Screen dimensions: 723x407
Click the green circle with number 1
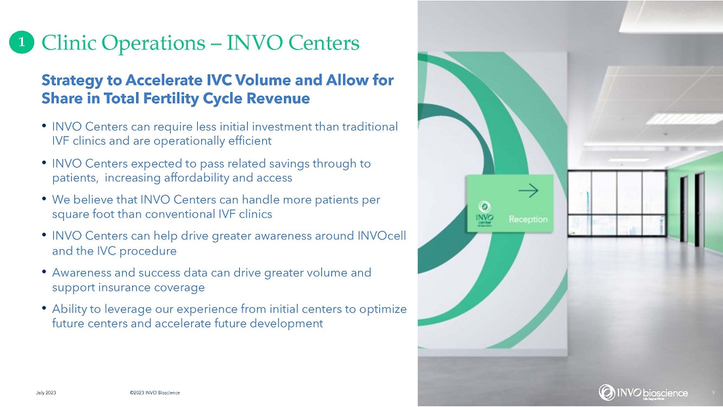[x=22, y=43]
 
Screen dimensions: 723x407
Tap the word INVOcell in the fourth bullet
[x=382, y=236]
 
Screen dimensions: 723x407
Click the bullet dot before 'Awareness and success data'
[x=44, y=272]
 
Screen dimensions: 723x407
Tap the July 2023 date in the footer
[x=46, y=393]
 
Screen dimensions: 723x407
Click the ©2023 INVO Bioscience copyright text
[x=155, y=393]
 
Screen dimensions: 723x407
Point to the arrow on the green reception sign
[x=528, y=190]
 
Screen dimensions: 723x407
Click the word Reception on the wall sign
[x=528, y=219]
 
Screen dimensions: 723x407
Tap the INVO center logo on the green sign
[x=484, y=214]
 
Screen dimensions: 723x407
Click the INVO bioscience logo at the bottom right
[x=643, y=393]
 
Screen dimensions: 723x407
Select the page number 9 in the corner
[x=713, y=393]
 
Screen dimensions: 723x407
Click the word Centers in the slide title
[x=323, y=43]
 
